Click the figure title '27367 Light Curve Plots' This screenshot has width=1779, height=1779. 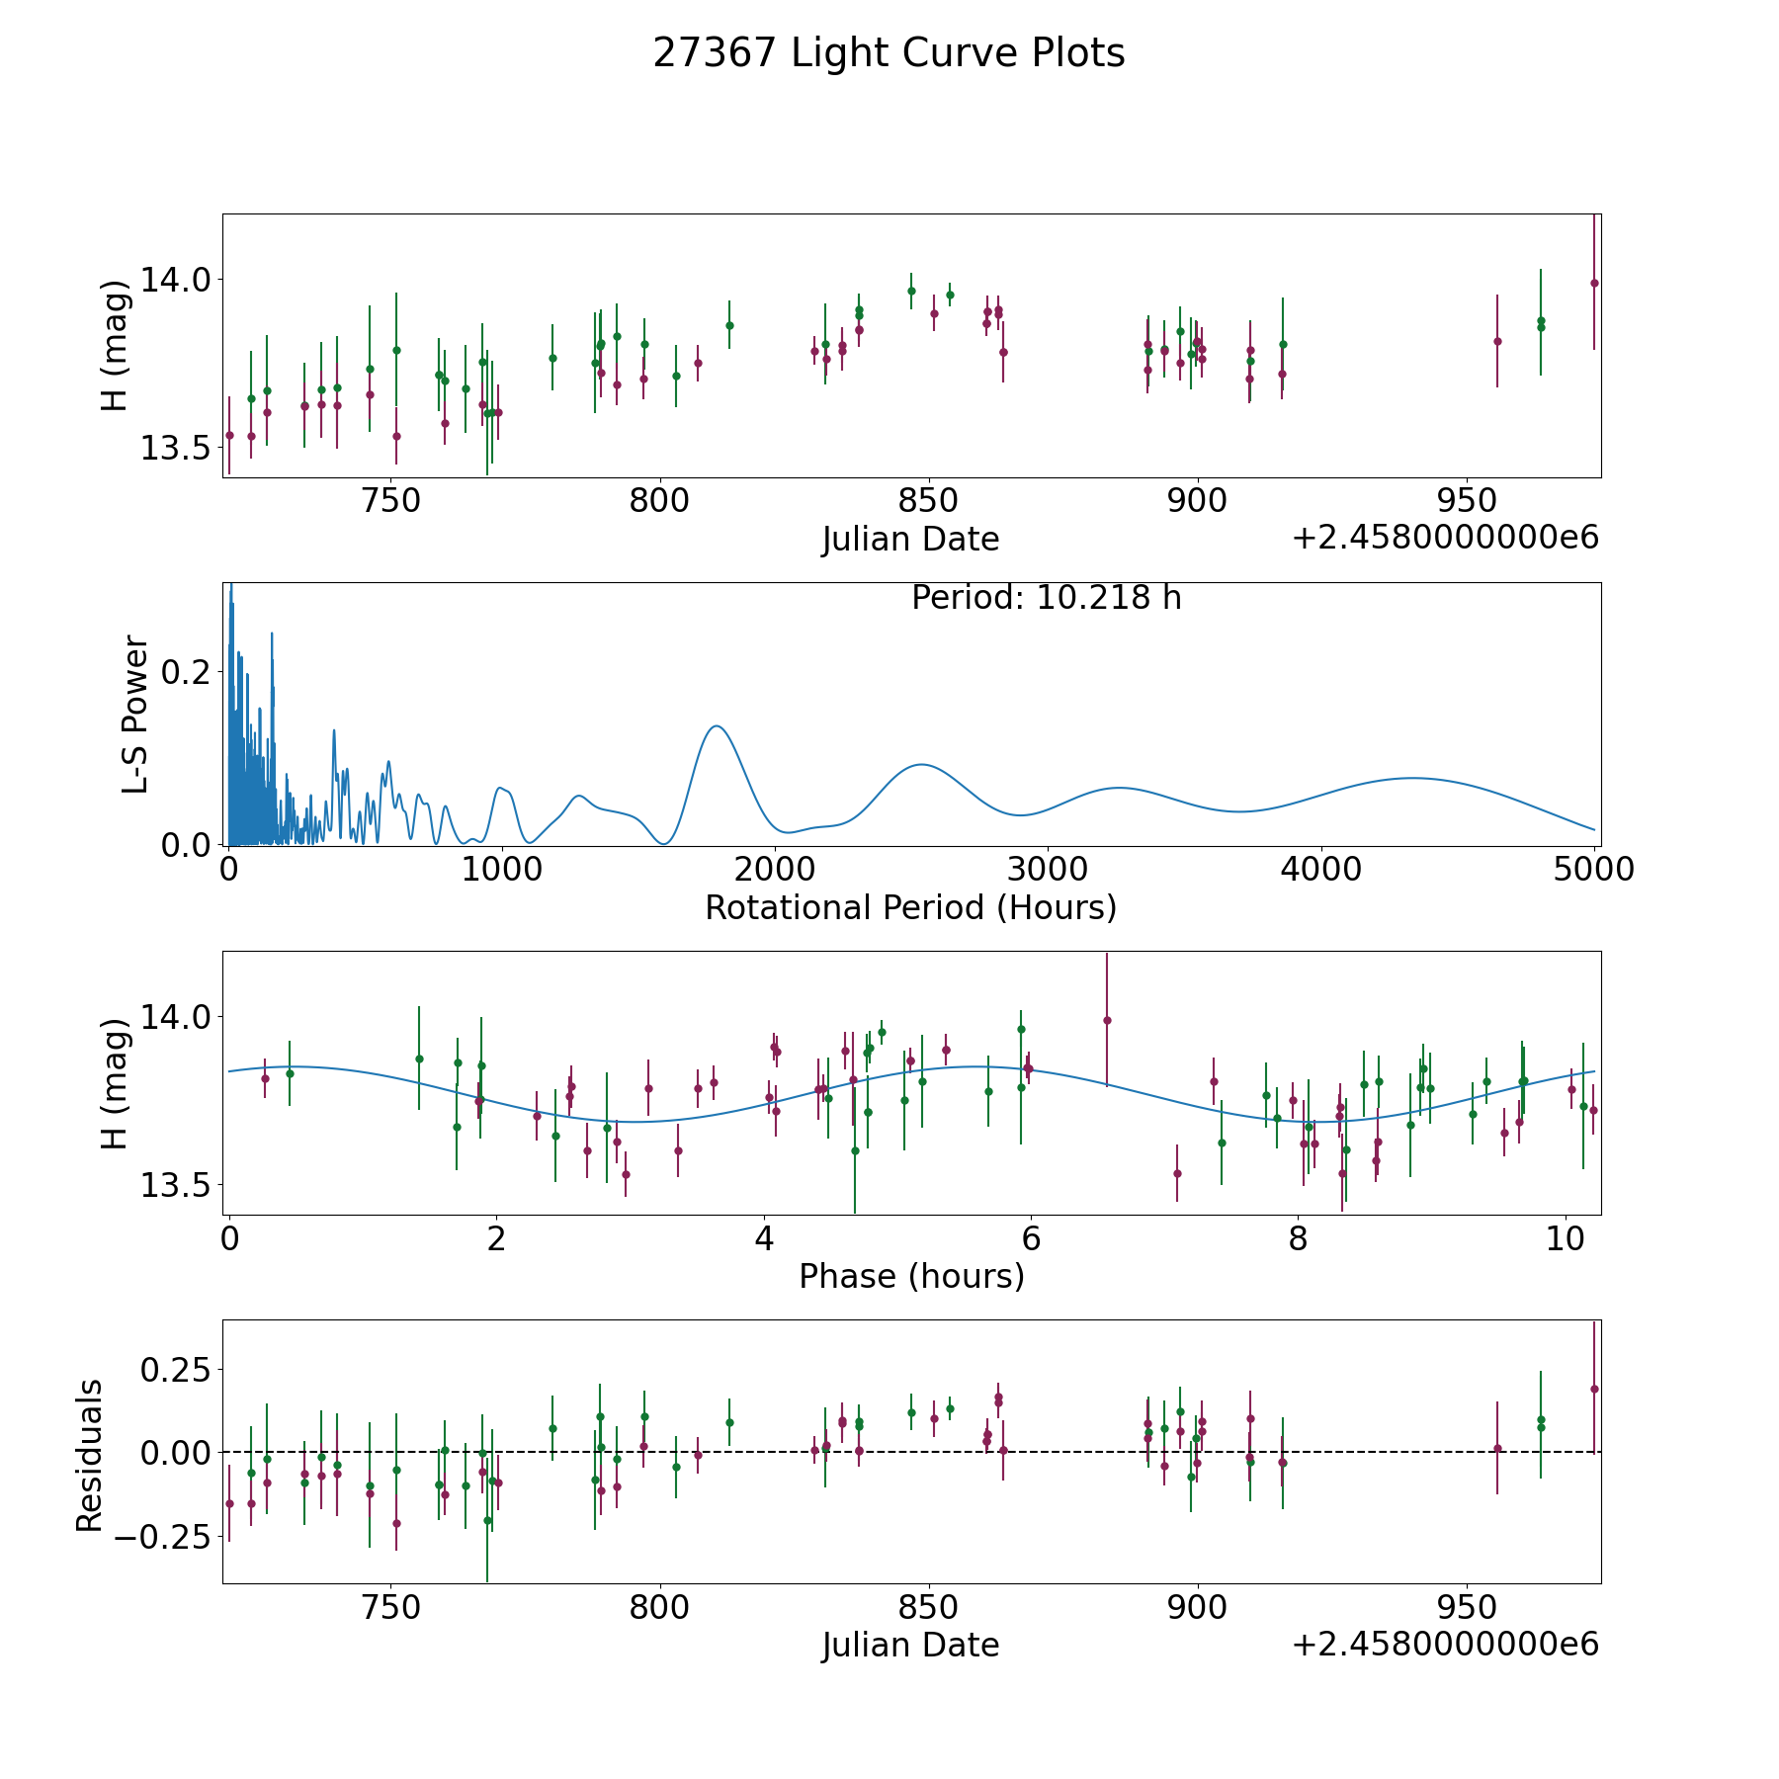[x=889, y=53]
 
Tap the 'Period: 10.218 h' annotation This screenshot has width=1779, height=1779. [x=1046, y=598]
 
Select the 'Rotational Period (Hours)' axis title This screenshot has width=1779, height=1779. [x=910, y=907]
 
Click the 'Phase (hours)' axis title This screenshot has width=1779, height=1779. [x=911, y=1276]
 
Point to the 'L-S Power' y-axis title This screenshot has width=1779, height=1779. [x=135, y=715]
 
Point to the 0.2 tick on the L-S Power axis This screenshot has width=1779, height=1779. [x=186, y=672]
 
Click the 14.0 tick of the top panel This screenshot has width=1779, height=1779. [x=175, y=280]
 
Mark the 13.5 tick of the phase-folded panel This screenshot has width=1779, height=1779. [x=175, y=1186]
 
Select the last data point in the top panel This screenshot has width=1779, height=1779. [x=1594, y=283]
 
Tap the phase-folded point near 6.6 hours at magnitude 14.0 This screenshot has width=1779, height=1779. [x=1107, y=1020]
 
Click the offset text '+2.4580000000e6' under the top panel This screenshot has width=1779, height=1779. [x=1445, y=538]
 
